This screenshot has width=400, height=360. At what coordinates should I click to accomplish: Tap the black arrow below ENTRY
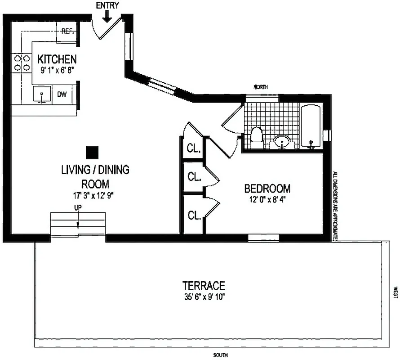107,16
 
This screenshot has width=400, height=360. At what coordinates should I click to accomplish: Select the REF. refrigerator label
67,31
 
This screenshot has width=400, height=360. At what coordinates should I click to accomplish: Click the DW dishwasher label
62,94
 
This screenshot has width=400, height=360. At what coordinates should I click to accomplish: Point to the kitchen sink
42,94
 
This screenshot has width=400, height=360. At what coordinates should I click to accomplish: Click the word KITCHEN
57,59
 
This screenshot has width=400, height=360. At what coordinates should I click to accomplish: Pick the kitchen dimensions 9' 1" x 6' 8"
57,70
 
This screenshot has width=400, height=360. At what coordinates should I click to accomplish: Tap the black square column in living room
93,153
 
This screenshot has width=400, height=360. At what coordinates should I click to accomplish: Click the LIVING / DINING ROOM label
95,177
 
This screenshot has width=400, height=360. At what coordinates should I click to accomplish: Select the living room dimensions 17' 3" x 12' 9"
95,195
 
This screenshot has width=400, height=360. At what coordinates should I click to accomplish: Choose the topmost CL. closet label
194,148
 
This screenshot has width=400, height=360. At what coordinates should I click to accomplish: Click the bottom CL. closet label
194,216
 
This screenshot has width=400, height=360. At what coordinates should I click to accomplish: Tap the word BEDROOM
267,188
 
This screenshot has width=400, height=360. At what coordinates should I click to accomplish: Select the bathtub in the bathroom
311,126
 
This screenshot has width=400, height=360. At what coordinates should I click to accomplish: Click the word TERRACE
203,286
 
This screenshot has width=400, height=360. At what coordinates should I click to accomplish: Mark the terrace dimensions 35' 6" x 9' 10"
203,297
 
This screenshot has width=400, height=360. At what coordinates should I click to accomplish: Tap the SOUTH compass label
220,355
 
